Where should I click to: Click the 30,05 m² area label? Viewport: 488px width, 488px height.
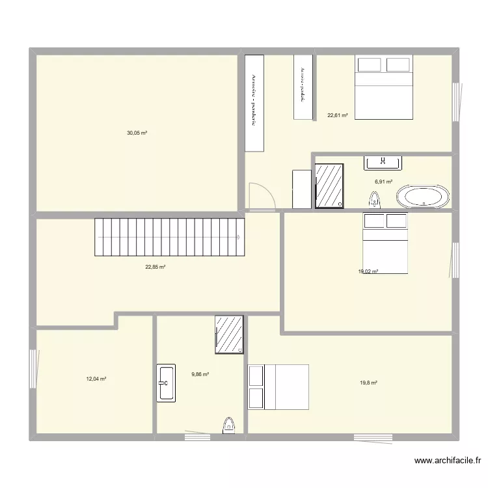pos(137,133)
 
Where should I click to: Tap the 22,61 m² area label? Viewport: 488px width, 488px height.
pos(337,116)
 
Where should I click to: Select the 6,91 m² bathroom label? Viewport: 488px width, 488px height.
pos(383,182)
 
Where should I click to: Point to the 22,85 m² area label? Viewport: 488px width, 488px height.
pos(155,267)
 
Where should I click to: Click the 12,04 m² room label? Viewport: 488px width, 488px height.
pos(96,379)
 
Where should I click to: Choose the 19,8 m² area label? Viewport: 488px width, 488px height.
pos(368,383)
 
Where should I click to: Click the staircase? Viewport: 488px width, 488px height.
pos(169,237)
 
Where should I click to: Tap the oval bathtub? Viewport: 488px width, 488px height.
pos(423,197)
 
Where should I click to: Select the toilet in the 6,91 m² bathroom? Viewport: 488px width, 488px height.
pos(374,198)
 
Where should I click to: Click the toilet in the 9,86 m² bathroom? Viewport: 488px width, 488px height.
pos(228,425)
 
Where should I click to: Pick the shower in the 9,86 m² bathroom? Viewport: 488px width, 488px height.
pos(229,334)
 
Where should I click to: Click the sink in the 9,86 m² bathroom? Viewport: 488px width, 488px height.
pos(165,383)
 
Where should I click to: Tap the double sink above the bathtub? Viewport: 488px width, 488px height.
pos(383,163)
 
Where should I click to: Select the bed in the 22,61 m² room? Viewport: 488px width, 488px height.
pos(384,87)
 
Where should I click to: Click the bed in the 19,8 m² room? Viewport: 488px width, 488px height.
pos(278,386)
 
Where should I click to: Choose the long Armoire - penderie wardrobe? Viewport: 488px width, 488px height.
pos(254,103)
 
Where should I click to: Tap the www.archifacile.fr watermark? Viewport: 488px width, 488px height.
pos(448,461)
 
